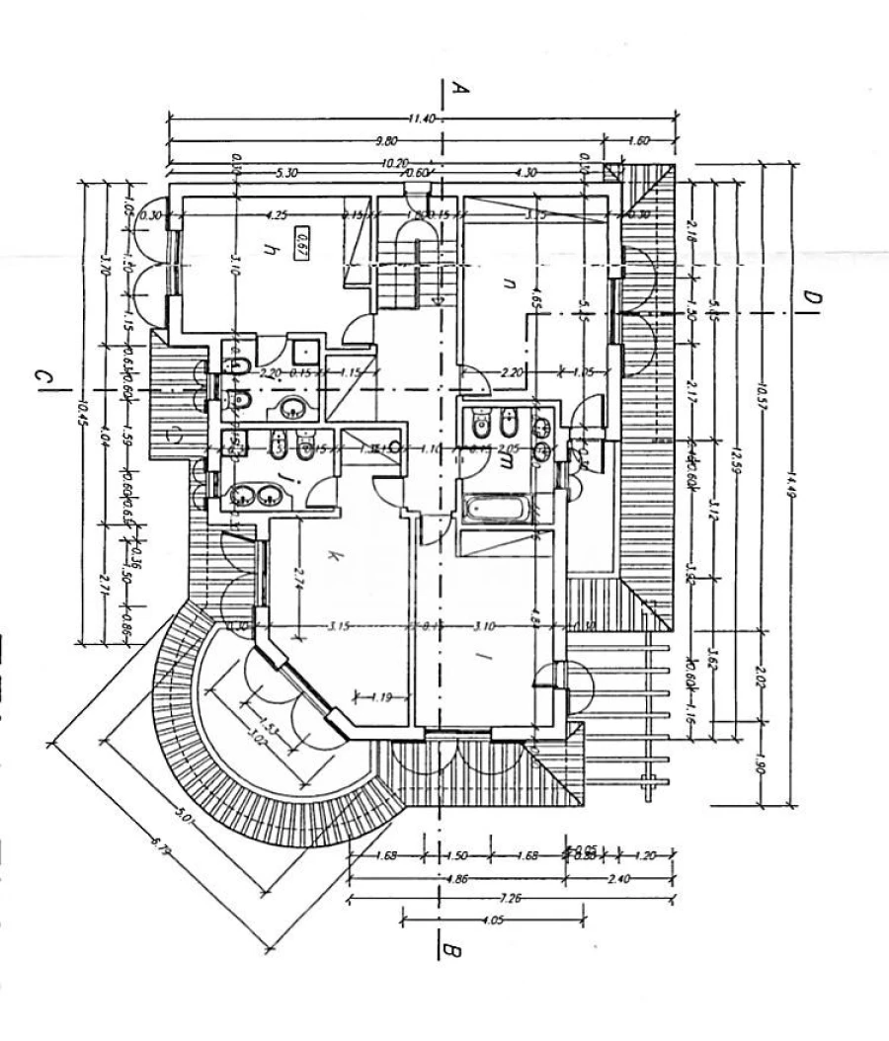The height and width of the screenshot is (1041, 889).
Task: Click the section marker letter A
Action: click(458, 89)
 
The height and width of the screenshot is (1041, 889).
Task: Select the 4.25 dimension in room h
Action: click(277, 214)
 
